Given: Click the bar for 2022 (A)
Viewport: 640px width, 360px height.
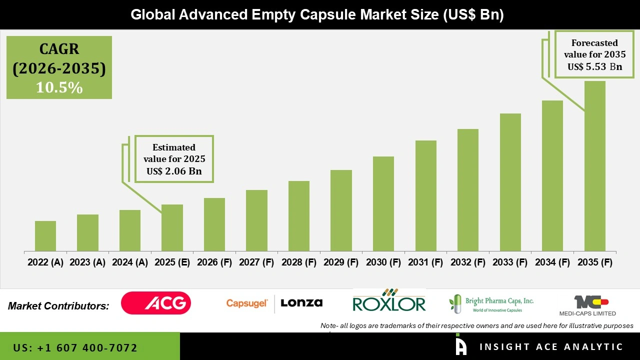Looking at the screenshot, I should point(45,236).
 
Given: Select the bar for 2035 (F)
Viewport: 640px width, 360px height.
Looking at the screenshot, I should point(594,166).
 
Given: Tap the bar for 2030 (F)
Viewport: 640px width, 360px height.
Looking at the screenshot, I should point(383,203).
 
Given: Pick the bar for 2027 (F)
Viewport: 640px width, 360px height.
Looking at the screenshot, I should point(256,220).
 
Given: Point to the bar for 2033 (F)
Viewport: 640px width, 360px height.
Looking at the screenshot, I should point(510,182).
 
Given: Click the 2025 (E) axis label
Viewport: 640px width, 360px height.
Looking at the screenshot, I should point(172,262).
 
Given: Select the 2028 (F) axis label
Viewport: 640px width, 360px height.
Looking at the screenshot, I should point(299,262).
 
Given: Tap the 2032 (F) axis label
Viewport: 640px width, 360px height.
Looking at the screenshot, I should point(468,262).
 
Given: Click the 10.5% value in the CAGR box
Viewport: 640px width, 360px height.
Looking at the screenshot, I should point(59,87).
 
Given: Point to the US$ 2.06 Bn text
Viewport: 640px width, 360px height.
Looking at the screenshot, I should point(173,171).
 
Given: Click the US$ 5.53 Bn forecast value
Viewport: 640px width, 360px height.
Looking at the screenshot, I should point(594,66).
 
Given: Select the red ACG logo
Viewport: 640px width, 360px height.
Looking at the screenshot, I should point(156,303).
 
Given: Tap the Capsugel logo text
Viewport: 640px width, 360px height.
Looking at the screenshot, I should point(247,303).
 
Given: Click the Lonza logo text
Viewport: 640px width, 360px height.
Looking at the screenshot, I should point(301,303).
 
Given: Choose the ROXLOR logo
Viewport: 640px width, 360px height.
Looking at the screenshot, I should point(389,301).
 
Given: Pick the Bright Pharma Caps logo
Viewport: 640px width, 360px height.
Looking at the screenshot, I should point(491,303).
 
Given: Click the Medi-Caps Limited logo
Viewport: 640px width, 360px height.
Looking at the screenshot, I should point(587,305).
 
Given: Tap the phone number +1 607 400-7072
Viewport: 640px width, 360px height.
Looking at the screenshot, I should point(75,347).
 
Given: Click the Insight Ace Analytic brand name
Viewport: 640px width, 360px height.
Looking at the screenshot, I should point(551,347).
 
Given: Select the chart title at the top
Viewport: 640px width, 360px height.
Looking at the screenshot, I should point(317,15).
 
